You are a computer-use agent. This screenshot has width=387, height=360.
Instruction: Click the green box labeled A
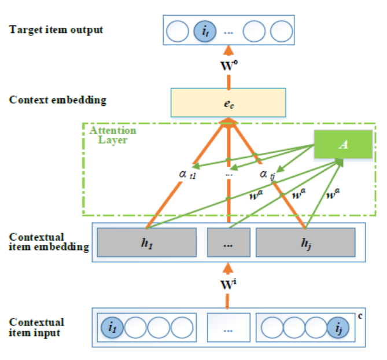[343, 145]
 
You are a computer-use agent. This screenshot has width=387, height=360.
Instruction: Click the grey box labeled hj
[305, 243]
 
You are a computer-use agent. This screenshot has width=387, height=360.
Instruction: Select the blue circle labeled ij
[337, 327]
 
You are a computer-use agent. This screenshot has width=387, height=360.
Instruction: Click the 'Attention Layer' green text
[110, 135]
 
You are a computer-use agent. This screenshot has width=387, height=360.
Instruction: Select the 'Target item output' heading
[56, 29]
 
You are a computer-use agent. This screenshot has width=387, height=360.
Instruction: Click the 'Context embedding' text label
[58, 100]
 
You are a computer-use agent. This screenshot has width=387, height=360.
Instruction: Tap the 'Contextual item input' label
[38, 326]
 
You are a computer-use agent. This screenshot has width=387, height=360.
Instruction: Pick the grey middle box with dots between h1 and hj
[228, 243]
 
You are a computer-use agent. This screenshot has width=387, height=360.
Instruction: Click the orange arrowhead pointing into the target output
[228, 51]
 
